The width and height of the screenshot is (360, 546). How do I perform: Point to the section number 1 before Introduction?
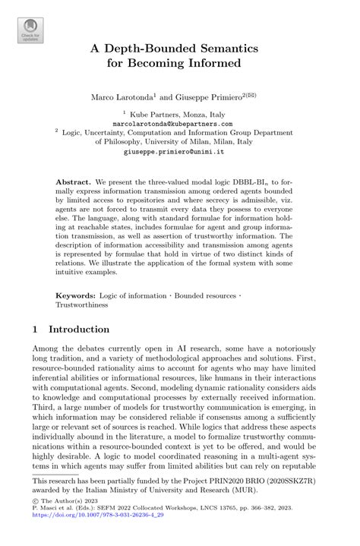36,330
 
